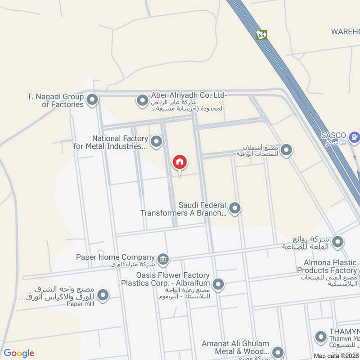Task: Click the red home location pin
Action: point(180,162)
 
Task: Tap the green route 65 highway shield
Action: point(261,35)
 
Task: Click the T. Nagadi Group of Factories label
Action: point(56,100)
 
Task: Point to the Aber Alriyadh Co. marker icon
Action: point(142,100)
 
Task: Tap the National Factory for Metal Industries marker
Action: point(156,142)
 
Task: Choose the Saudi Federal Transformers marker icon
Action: point(234,208)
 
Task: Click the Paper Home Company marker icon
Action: point(163,258)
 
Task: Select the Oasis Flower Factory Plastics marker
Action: point(218,284)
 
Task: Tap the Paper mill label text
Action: point(80,304)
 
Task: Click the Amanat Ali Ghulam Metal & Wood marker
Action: point(278,351)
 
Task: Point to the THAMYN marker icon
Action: point(321,336)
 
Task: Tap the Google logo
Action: point(19,353)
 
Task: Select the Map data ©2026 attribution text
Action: point(336,356)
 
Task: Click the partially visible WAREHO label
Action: point(345,31)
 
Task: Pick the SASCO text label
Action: point(333,135)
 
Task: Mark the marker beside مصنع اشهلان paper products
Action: point(286,150)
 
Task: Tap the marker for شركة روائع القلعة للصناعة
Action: point(338,243)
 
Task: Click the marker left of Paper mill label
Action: point(103,295)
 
